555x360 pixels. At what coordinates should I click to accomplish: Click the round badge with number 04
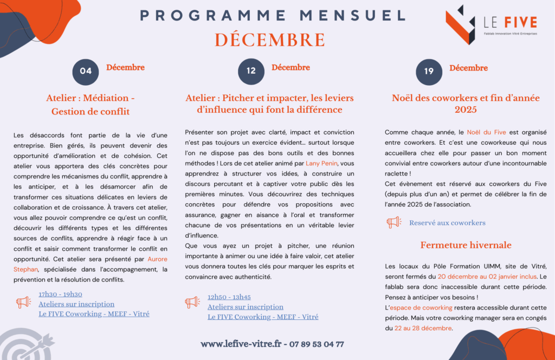[x=86, y=71]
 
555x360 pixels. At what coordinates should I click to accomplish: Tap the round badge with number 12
[x=251, y=71]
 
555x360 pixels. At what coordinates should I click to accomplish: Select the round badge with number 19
[x=429, y=71]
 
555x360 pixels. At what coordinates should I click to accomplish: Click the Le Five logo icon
[x=460, y=24]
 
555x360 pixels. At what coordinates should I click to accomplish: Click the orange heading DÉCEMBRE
[x=269, y=40]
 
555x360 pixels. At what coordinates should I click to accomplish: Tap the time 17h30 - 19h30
[x=60, y=294]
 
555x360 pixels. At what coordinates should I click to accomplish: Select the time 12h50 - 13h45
[x=229, y=297]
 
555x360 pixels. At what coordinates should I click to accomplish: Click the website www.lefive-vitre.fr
[x=241, y=344]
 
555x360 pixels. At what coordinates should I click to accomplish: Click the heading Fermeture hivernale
[x=466, y=245]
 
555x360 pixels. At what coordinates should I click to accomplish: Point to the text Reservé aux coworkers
[x=447, y=223]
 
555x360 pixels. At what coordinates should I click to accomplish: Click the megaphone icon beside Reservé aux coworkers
[x=393, y=222]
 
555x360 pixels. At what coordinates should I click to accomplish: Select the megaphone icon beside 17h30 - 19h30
[x=23, y=302]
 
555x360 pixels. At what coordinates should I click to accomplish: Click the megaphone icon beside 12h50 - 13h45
[x=192, y=302]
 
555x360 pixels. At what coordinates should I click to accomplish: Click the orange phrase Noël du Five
[x=486, y=132]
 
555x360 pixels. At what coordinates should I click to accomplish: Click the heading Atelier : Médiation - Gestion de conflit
[x=91, y=105]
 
